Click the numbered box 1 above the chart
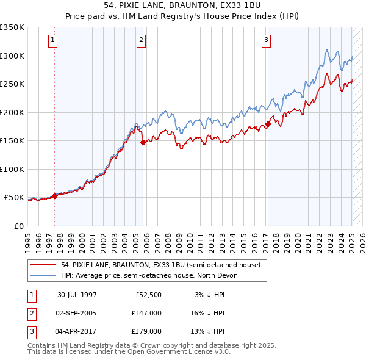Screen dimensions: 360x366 click(x=54, y=41)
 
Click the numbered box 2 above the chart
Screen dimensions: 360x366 click(x=141, y=41)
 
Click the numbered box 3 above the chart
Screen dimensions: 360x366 click(x=267, y=41)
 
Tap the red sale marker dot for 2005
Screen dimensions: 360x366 click(x=143, y=142)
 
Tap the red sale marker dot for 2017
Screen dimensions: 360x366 click(x=268, y=124)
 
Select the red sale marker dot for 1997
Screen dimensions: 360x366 click(x=54, y=196)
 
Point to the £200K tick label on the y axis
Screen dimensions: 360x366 click(x=12, y=112)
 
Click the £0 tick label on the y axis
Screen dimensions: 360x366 click(x=19, y=226)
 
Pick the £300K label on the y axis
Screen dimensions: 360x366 click(x=12, y=56)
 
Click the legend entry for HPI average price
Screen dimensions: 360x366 click(x=149, y=275)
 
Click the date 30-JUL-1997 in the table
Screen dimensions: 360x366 click(x=77, y=295)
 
